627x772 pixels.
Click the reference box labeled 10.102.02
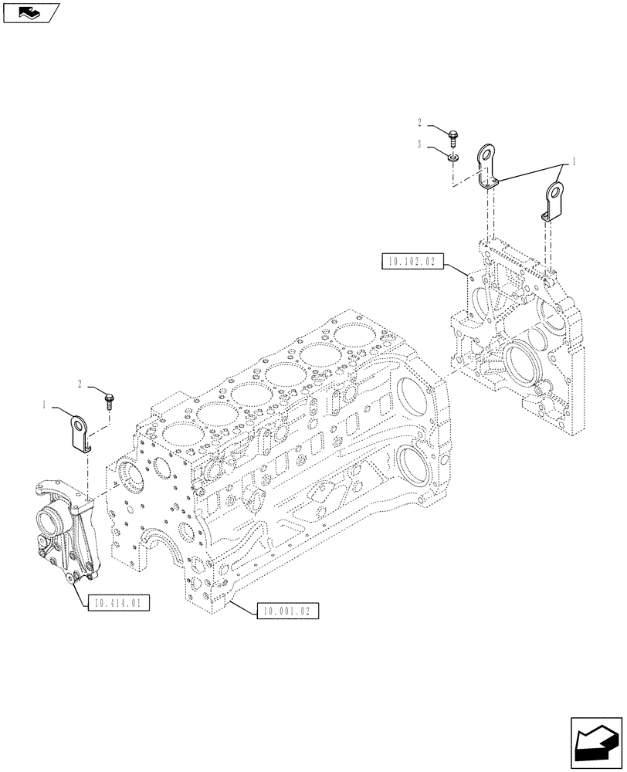click(410, 262)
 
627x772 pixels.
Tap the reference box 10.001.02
click(285, 610)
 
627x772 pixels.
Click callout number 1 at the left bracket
click(45, 404)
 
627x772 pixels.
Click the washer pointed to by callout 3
click(455, 157)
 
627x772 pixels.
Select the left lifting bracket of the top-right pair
click(486, 166)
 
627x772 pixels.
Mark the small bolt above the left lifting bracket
click(110, 399)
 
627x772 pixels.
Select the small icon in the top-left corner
click(32, 12)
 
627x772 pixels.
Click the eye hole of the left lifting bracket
click(80, 423)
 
